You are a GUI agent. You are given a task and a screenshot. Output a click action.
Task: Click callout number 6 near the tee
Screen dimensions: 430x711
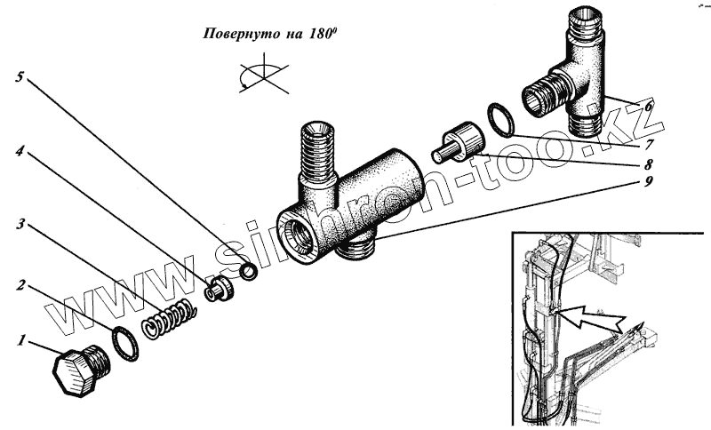[x=649, y=106]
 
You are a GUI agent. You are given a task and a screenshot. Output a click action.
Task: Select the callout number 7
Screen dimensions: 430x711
[x=649, y=142]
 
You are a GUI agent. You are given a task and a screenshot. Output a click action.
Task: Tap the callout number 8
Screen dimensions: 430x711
[x=649, y=164]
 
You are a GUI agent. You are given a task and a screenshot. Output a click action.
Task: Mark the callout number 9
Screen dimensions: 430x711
[x=649, y=183]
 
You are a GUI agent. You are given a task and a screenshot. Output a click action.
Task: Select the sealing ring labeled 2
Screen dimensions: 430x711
[x=125, y=342]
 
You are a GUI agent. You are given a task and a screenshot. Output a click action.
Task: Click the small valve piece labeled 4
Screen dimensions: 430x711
[x=219, y=289]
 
